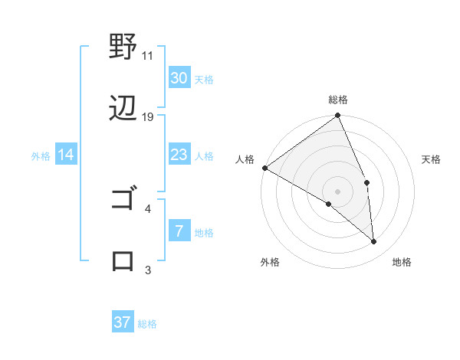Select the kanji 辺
click(x=123, y=109)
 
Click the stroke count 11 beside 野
click(x=148, y=56)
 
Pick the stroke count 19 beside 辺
click(x=148, y=116)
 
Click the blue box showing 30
click(x=179, y=78)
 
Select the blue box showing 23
click(x=179, y=155)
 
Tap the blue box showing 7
click(x=179, y=231)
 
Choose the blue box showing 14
click(x=66, y=155)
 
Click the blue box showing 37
click(x=123, y=322)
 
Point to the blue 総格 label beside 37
click(x=147, y=324)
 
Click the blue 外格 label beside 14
click(x=41, y=156)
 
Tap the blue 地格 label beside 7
click(x=204, y=233)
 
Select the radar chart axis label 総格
click(x=338, y=100)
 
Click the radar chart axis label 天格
click(x=432, y=159)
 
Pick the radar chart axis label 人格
click(x=245, y=159)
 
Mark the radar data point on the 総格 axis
click(x=338, y=116)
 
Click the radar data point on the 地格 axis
click(x=374, y=241)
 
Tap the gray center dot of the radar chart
click(x=338, y=191)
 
